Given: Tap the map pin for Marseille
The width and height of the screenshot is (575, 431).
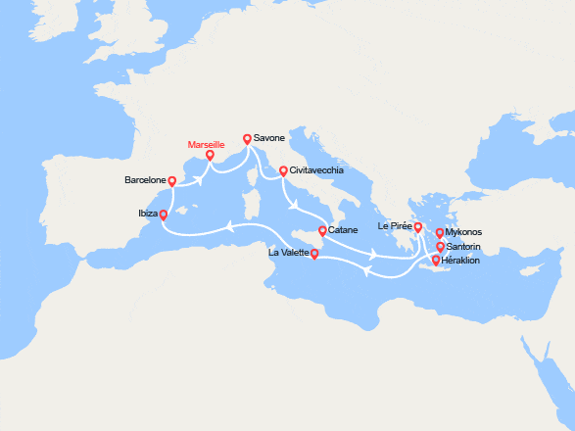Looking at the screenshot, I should pos(210,154).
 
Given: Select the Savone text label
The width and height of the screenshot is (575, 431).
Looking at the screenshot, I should pos(268,138).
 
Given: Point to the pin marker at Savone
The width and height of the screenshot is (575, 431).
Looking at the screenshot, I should pos(247,140).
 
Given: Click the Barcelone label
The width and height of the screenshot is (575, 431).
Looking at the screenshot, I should pos(145,180).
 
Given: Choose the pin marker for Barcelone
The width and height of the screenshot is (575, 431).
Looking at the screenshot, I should pos(171,181).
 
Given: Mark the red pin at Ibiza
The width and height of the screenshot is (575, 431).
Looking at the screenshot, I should pos(163,215).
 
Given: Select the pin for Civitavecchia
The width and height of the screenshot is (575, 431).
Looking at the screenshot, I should pos(284,171).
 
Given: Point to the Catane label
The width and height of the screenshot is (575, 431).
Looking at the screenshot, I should pos(343,230).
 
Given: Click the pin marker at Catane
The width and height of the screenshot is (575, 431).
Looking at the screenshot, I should pos(323,232).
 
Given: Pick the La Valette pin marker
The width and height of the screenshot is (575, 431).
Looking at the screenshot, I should pos(314,254).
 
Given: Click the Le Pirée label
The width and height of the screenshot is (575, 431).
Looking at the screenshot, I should pos(394,226).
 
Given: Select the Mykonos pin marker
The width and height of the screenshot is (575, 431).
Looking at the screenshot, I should pos(440,233).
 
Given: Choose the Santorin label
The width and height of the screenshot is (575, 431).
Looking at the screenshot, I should pos(463,247).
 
